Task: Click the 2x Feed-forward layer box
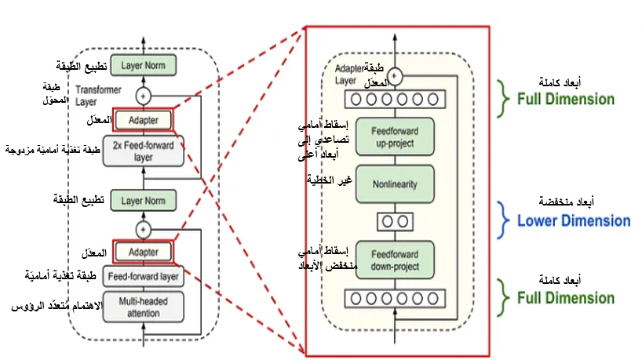point(143,151)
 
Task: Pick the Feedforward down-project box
point(395,260)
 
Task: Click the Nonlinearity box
point(395,184)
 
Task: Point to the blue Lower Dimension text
point(573,220)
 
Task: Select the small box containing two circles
point(395,221)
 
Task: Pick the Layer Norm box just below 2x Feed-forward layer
point(143,201)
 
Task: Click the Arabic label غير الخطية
point(328,182)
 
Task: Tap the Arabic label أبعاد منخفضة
point(572,202)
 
